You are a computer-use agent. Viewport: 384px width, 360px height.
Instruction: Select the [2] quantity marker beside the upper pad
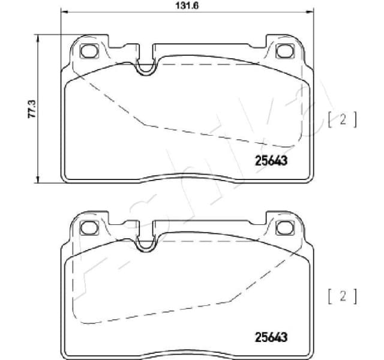[x=343, y=119]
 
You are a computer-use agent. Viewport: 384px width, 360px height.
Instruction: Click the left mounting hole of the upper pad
[x=89, y=52]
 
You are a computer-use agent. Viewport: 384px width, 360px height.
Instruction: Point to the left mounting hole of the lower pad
[x=89, y=228]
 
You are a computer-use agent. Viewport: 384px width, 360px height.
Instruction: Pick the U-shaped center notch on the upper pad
[x=145, y=68]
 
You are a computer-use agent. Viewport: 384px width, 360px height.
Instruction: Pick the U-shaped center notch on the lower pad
[x=145, y=244]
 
